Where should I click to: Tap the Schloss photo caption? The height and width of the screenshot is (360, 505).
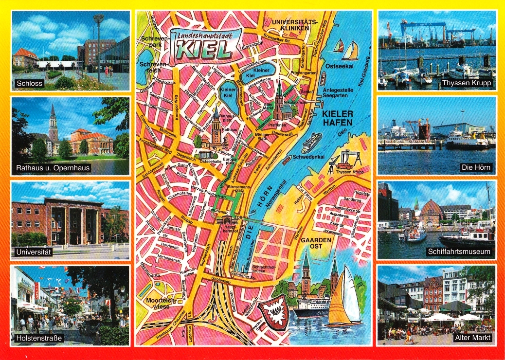tap(30, 83)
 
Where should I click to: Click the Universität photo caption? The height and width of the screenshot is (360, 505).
tap(34, 252)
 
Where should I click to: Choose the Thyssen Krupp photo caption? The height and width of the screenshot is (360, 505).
tap(467, 83)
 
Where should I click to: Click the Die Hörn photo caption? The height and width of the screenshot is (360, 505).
tap(476, 168)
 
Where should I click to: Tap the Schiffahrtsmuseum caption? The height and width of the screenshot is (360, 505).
tap(460, 252)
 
